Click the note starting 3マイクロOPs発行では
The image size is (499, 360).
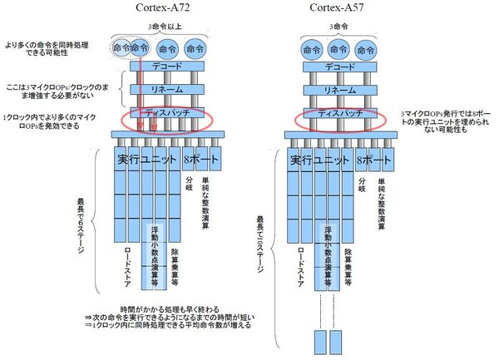pos(445,121)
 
